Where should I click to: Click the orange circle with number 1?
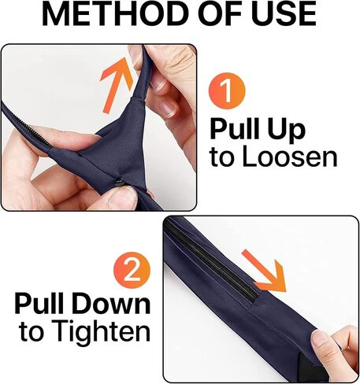tap(227, 91)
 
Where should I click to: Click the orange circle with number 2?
tap(132, 270)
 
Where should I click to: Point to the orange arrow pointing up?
tap(116, 85)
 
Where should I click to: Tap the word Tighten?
tap(100, 332)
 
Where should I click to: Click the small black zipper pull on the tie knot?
tap(121, 182)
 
